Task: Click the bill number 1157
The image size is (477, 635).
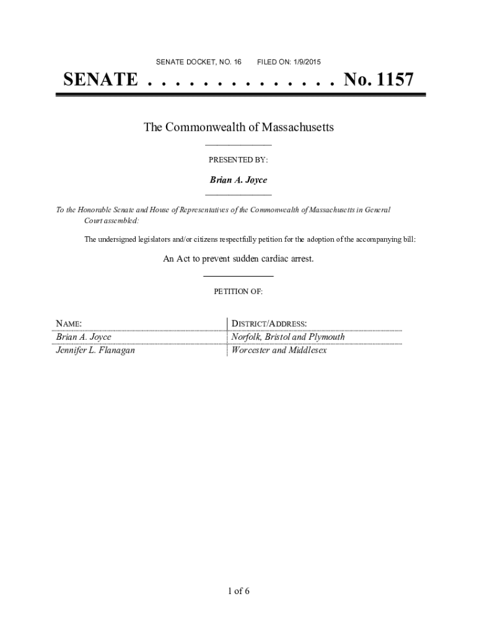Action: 392,80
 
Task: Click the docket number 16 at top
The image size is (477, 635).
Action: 237,62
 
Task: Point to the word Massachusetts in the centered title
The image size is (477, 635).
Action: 297,127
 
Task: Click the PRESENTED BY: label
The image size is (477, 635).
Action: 239,160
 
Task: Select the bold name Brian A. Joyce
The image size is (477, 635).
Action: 239,180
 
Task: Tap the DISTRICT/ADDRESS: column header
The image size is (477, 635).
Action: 269,324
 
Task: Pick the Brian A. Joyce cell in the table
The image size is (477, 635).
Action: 84,337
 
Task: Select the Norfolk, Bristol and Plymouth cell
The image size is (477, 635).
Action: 288,337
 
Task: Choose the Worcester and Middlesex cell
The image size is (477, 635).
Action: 279,350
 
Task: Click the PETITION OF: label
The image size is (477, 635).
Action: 239,291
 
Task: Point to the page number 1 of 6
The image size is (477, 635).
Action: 239,590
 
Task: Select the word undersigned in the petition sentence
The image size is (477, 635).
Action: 123,239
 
